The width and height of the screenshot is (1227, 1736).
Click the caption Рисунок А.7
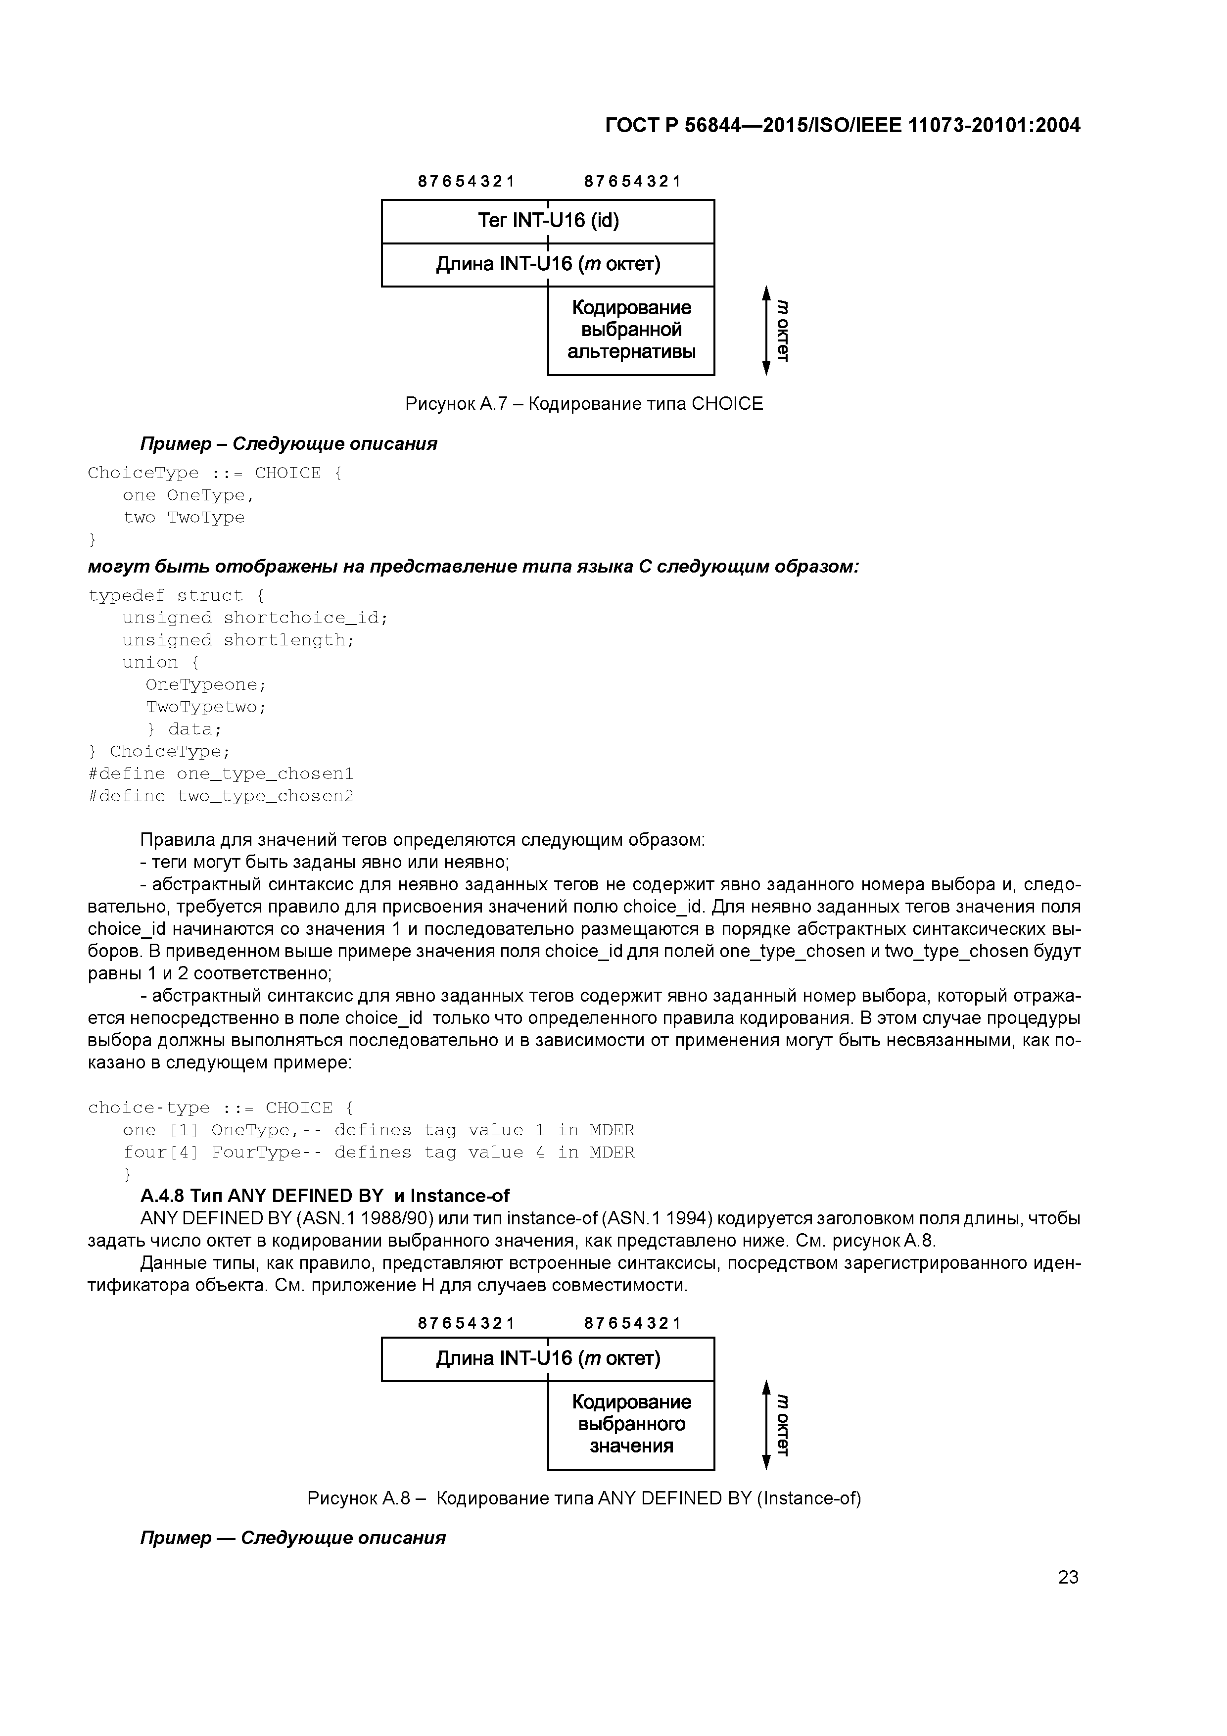(x=584, y=404)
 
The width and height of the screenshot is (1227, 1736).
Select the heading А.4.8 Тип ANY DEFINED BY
(x=325, y=1196)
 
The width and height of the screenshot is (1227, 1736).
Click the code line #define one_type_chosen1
(x=221, y=773)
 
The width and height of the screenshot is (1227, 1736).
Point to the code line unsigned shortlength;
(x=238, y=640)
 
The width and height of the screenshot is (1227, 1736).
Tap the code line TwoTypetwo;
(x=206, y=707)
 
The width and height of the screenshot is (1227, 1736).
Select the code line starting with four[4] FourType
(x=378, y=1152)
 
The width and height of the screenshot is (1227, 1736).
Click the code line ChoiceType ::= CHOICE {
(x=215, y=473)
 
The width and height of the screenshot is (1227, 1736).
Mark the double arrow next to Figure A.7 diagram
(x=766, y=331)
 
